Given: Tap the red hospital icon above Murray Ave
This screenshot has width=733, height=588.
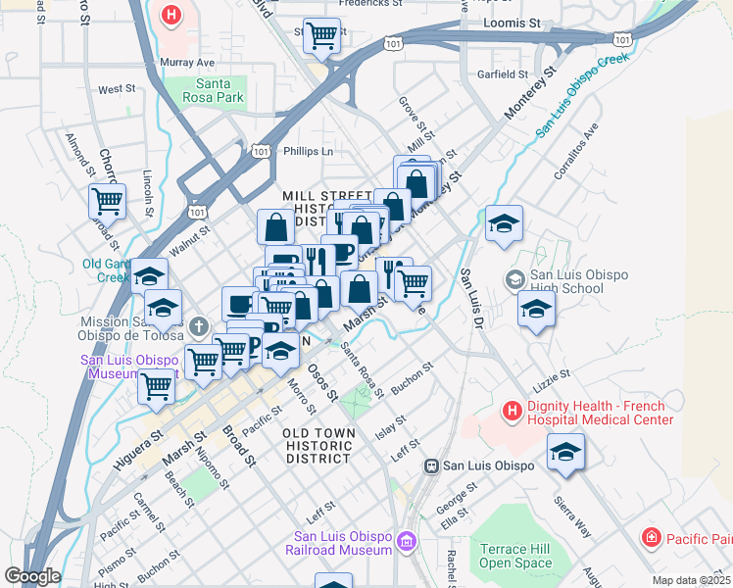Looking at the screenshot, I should pos(171,17).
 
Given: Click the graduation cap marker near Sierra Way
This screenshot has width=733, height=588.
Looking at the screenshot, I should pos(565,453).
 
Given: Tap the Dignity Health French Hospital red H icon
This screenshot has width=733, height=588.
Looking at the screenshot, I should pos(512,410).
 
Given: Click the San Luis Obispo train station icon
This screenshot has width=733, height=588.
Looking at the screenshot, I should pos(429,466).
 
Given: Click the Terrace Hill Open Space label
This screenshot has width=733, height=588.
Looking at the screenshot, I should pos(516,556).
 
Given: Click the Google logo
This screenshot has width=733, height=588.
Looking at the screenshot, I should pos(32,576).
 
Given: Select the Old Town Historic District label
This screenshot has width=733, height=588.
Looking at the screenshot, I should pos(317,445).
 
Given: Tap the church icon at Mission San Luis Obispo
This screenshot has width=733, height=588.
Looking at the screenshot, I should pos(198,325).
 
